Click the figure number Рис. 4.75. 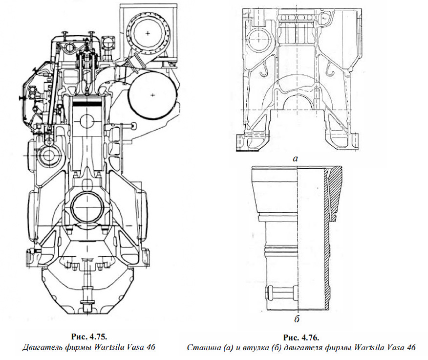[x=90, y=336]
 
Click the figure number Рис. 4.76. [x=301, y=337]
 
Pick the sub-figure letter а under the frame [x=295, y=158]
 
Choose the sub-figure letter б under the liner [x=297, y=318]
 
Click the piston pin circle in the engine [x=87, y=121]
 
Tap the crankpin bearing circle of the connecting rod [x=87, y=207]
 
